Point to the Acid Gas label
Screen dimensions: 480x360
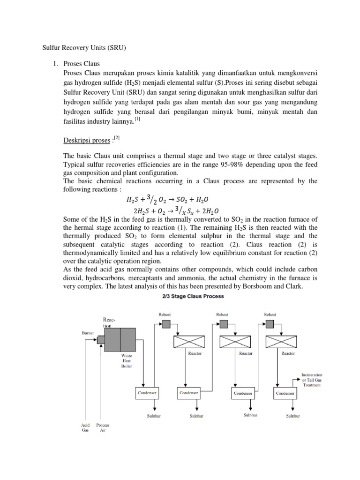tap(85, 428)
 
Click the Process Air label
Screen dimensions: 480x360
tap(103, 428)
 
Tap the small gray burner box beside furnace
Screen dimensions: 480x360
tap(100, 339)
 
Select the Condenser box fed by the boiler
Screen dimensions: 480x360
tap(147, 393)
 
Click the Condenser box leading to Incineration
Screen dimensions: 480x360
tap(285, 393)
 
